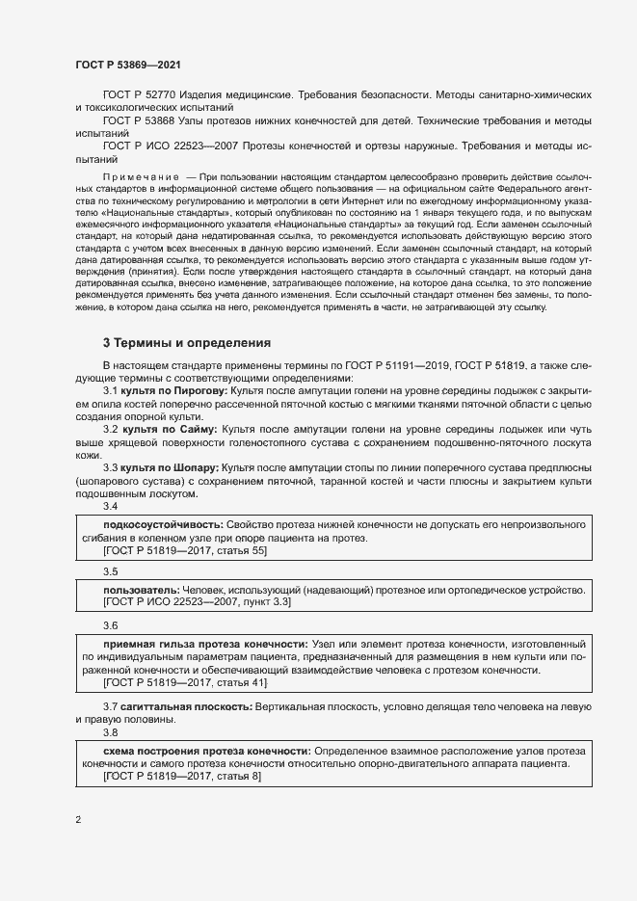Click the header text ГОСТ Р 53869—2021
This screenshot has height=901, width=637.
pos(128,65)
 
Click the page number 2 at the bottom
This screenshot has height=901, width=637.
pos(78,820)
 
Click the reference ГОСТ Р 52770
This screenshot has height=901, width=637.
pos(141,96)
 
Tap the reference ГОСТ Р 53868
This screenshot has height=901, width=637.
pos(141,121)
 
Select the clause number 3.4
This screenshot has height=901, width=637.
pos(110,506)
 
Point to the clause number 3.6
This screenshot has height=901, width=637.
pos(110,625)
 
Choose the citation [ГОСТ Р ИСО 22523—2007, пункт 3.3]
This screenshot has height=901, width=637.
pos(197,601)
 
